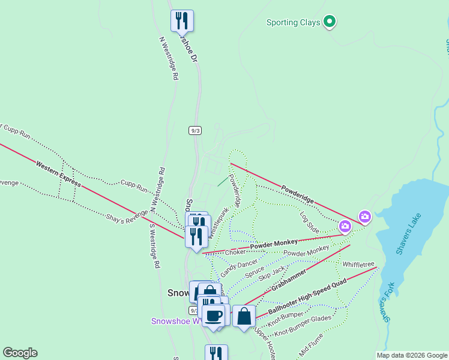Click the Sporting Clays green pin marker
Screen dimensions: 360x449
point(329,22)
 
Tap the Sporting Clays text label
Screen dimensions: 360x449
point(291,23)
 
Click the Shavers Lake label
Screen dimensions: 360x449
point(409,234)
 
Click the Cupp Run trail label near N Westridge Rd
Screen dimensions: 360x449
point(134,185)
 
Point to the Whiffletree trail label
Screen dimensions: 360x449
point(358,264)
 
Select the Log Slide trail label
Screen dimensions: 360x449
point(309,221)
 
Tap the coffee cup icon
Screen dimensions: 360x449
point(213,316)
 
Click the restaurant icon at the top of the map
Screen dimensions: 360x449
point(182,20)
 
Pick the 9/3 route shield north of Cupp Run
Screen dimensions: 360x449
point(194,130)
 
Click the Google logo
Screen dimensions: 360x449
point(20,353)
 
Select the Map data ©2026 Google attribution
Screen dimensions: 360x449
point(412,355)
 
